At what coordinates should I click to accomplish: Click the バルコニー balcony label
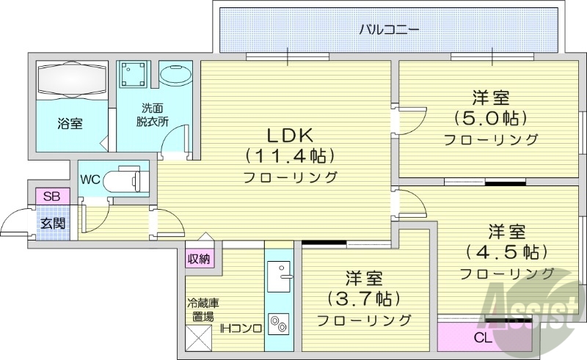[x=389, y=30]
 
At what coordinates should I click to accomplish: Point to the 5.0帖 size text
[x=491, y=117]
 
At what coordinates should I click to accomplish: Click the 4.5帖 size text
[x=506, y=252]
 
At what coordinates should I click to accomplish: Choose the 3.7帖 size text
[x=364, y=298]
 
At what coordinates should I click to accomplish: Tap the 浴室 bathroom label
[x=70, y=124]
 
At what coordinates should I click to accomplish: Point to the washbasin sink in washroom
[x=176, y=76]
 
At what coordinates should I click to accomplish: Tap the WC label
[x=91, y=179]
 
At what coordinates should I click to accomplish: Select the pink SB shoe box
[x=52, y=196]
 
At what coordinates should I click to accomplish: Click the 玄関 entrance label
[x=52, y=222]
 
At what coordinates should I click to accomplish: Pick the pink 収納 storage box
[x=199, y=258]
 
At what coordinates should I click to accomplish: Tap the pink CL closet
[x=483, y=338]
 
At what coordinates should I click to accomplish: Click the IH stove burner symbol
[x=279, y=323]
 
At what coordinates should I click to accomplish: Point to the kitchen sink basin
[x=278, y=277]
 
